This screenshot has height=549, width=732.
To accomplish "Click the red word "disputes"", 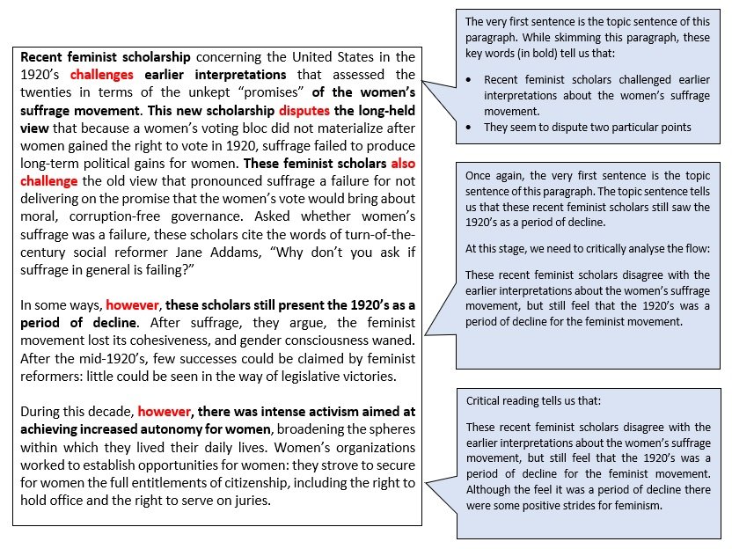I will pos(304,111).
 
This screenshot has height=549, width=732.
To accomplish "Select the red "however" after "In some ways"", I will pos(134,305).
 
